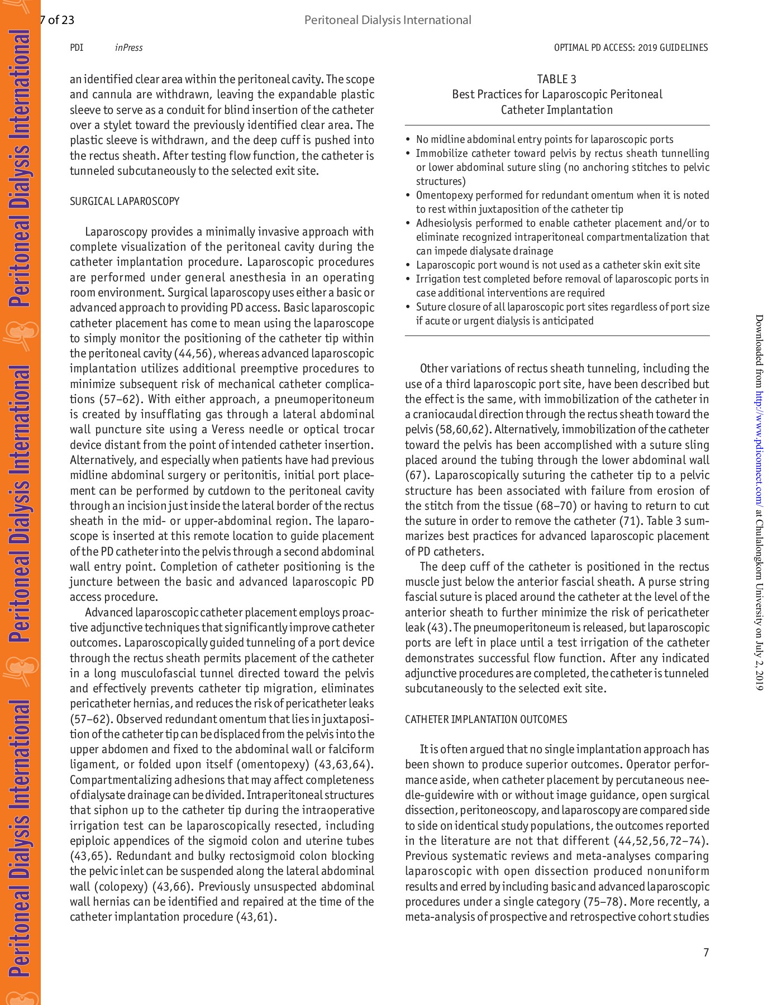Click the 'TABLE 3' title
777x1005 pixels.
[556, 79]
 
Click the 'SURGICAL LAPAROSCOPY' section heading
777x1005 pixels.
[125, 201]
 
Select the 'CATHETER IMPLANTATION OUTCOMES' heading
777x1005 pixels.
[485, 719]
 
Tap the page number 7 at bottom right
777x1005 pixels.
[706, 953]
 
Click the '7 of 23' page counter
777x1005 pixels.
[57, 20]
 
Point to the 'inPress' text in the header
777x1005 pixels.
[128, 48]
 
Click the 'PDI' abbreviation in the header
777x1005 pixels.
[77, 48]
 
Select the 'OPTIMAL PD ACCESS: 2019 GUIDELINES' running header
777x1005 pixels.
[631, 48]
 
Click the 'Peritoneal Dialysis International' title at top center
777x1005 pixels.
[388, 20]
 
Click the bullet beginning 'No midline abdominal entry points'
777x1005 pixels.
[545, 140]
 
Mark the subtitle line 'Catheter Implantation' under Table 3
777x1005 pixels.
[556, 110]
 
